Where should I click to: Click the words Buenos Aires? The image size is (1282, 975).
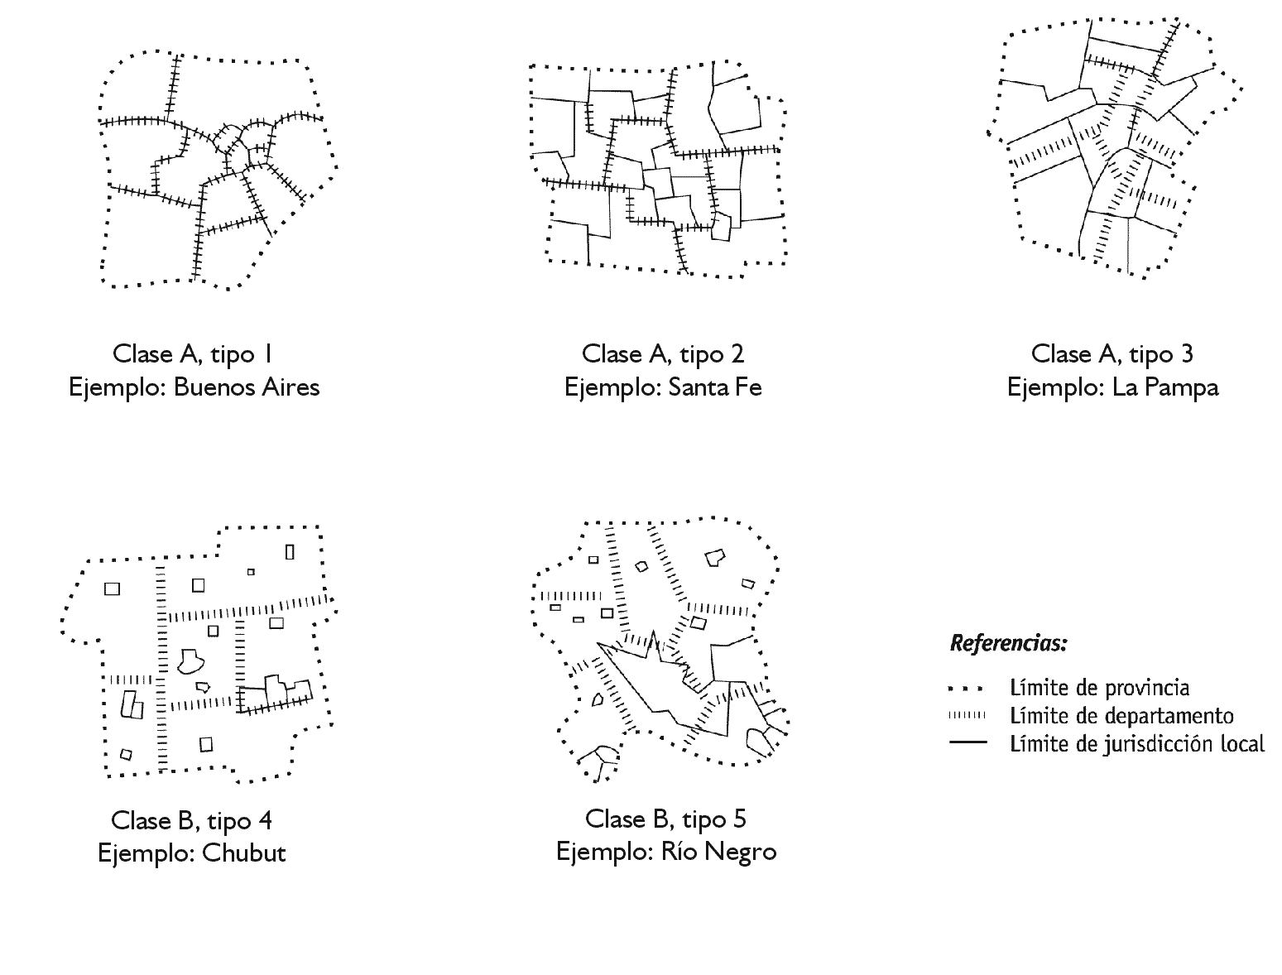tap(246, 387)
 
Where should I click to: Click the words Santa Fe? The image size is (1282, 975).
tap(714, 387)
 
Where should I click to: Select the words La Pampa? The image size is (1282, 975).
tap(1165, 387)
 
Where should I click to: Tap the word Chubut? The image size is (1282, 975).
tap(243, 853)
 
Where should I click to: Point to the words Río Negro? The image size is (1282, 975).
tap(718, 852)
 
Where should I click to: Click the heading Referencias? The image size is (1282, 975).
tap(1008, 643)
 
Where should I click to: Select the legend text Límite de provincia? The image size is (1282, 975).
tap(1099, 687)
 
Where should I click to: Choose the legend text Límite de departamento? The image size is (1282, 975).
tap(1121, 715)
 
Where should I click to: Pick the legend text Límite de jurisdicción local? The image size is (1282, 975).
tap(1136, 743)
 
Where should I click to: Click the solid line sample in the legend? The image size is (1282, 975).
tap(968, 742)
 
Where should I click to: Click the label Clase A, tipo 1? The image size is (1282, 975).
tap(193, 354)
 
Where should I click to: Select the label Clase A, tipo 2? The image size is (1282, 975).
tap(663, 354)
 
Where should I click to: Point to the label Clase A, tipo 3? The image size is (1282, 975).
tap(1112, 354)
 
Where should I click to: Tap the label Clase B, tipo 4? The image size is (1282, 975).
tap(191, 820)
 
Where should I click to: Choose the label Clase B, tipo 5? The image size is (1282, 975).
tap(665, 819)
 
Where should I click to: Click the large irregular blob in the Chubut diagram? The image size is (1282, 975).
tap(190, 660)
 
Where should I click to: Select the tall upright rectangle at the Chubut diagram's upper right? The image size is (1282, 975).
tap(290, 551)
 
